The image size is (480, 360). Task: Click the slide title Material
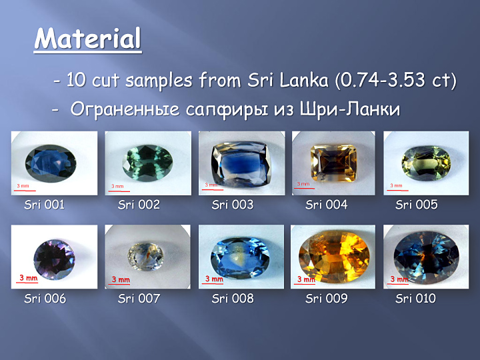(x=87, y=39)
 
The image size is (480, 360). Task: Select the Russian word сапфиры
(x=227, y=109)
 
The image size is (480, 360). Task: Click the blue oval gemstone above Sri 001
(x=51, y=164)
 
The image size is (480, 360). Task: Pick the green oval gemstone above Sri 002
(x=147, y=163)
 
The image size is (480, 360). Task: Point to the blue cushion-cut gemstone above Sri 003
(x=241, y=165)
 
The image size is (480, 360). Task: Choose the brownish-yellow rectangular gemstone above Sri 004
(x=334, y=163)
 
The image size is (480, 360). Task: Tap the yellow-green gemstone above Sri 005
(x=426, y=163)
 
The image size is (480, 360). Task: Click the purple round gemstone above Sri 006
(x=54, y=259)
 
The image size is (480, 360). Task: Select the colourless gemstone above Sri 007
(x=145, y=257)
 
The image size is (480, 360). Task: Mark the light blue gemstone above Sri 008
(x=240, y=258)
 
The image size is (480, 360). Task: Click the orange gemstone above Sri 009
(x=334, y=257)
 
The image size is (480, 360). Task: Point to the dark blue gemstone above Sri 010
(x=427, y=258)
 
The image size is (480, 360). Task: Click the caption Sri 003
(x=233, y=205)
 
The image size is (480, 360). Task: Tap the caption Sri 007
(x=139, y=299)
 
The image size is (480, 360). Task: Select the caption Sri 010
(x=415, y=299)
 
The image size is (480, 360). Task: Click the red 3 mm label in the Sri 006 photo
(x=29, y=277)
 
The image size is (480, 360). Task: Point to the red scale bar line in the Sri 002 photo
(x=119, y=191)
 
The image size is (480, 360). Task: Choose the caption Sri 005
(x=416, y=205)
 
